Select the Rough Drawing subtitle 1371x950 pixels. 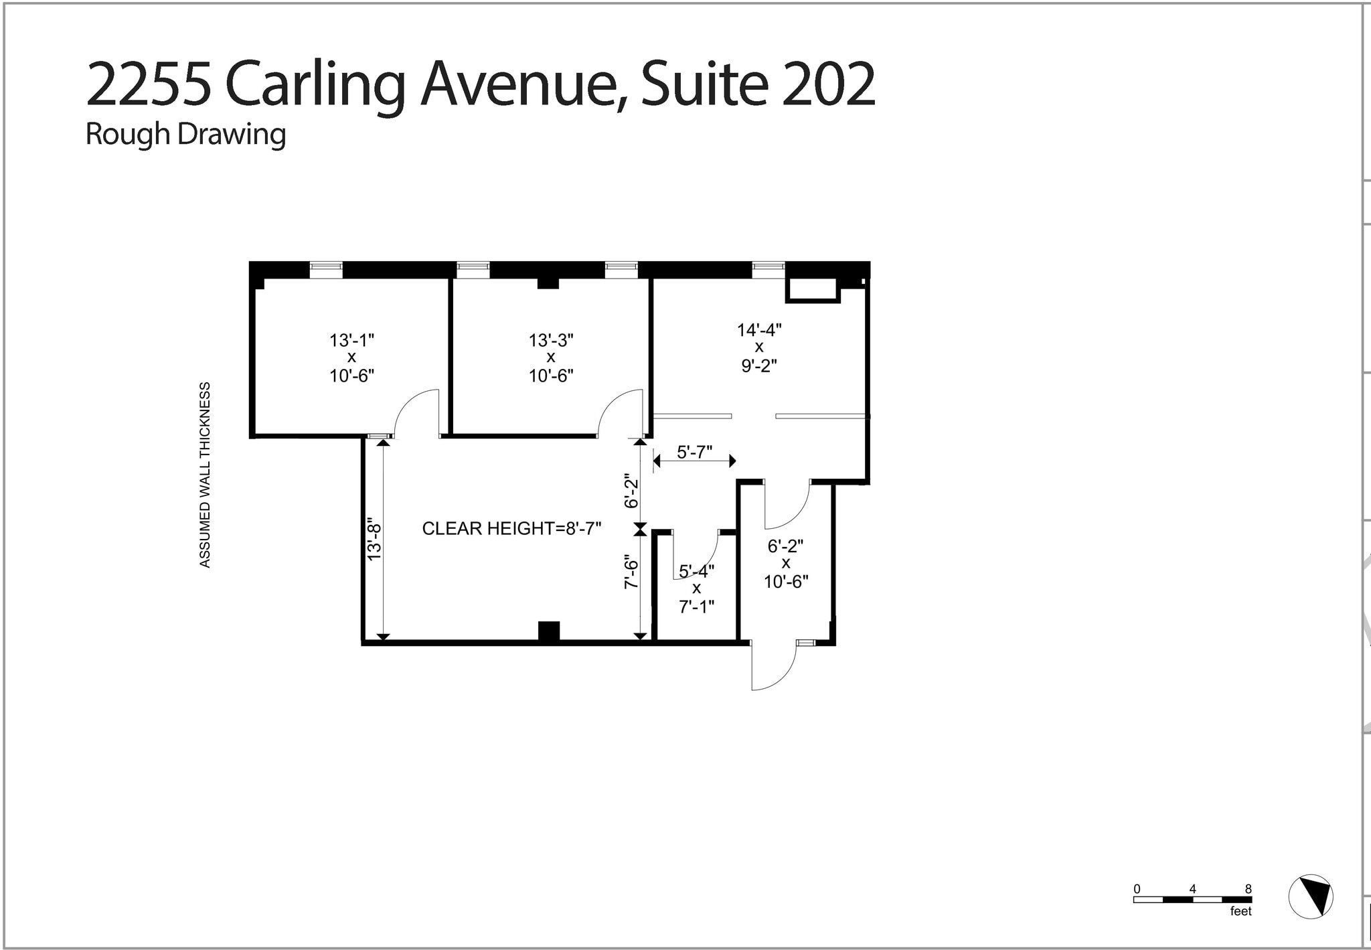185,134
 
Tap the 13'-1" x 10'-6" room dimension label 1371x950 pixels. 351,358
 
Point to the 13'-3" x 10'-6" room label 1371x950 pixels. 551,358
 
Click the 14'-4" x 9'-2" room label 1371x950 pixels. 759,347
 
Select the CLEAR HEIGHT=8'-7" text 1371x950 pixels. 511,529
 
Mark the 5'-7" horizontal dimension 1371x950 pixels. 694,453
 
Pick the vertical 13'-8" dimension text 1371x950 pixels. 374,541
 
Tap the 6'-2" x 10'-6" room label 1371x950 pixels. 786,564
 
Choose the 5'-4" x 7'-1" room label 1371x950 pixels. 697,588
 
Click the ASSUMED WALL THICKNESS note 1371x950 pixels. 205,475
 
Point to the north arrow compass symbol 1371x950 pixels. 1311,896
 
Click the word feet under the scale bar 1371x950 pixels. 1240,912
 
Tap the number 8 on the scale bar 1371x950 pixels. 1248,889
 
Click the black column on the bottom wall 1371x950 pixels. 549,631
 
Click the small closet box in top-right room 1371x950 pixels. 812,290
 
